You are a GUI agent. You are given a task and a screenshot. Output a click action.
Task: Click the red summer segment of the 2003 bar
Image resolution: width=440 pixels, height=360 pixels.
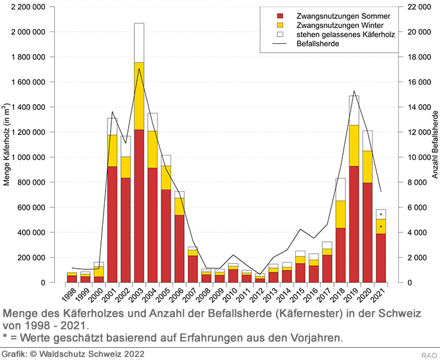pos(139,206)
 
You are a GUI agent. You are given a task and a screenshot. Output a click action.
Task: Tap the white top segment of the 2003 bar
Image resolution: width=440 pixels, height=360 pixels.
pos(139,42)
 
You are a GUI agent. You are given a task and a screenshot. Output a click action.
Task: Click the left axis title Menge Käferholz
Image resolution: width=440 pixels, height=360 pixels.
pos(6,145)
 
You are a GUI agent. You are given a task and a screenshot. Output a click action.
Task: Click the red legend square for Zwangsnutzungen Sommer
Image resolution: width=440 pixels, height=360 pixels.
pos(279,15)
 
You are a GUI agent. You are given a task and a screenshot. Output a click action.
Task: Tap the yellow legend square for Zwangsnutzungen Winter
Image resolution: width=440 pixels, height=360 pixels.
pos(279,25)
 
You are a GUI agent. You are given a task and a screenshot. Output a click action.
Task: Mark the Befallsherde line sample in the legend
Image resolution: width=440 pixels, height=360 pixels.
pos(279,45)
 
